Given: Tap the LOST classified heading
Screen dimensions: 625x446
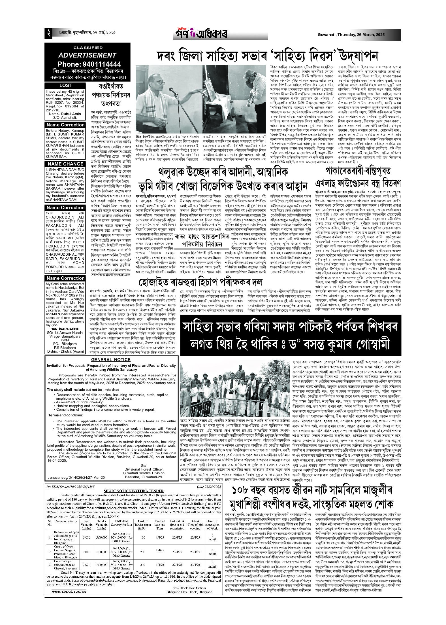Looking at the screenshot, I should (66, 85).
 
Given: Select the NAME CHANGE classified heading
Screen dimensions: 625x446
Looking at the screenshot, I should (66, 164).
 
